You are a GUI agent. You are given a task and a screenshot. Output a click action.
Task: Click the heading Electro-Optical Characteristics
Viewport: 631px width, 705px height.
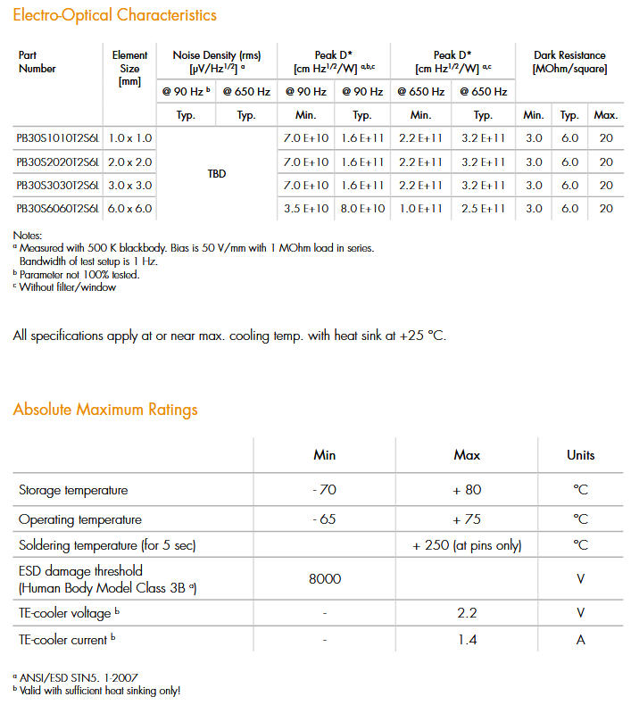114,15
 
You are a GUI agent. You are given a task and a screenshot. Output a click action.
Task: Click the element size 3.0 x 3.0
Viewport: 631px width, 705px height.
130,185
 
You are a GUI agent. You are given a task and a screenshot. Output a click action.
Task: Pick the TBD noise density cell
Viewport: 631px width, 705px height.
217,174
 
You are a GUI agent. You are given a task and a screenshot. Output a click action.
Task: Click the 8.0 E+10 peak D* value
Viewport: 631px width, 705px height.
362,208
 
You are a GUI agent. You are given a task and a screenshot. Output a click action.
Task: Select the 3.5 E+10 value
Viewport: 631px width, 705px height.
306,208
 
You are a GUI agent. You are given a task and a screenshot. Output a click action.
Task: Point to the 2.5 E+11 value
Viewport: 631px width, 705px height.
483,208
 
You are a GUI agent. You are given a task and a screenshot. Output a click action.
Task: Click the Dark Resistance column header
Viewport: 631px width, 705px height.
569,62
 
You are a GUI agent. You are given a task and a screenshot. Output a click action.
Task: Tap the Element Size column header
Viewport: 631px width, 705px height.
130,68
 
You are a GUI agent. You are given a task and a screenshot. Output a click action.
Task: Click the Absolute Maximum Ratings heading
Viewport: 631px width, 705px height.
105,410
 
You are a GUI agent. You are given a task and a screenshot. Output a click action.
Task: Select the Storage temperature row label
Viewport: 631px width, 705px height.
73,490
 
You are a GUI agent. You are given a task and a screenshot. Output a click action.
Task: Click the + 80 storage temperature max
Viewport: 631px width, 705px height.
467,490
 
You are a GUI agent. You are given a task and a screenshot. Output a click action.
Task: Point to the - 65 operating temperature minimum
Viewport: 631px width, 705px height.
325,519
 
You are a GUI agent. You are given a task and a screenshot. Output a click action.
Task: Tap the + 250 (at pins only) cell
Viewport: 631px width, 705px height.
467,545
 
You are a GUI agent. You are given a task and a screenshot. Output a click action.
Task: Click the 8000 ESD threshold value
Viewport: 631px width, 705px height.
325,578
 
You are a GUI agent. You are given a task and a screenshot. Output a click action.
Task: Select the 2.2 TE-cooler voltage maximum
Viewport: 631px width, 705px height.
467,613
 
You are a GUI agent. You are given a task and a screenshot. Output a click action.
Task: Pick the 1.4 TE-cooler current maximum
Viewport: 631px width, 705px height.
467,640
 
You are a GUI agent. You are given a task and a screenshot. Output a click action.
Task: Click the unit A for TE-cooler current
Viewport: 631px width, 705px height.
580,640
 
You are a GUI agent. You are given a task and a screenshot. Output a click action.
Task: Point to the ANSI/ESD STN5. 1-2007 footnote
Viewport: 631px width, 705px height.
76,677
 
